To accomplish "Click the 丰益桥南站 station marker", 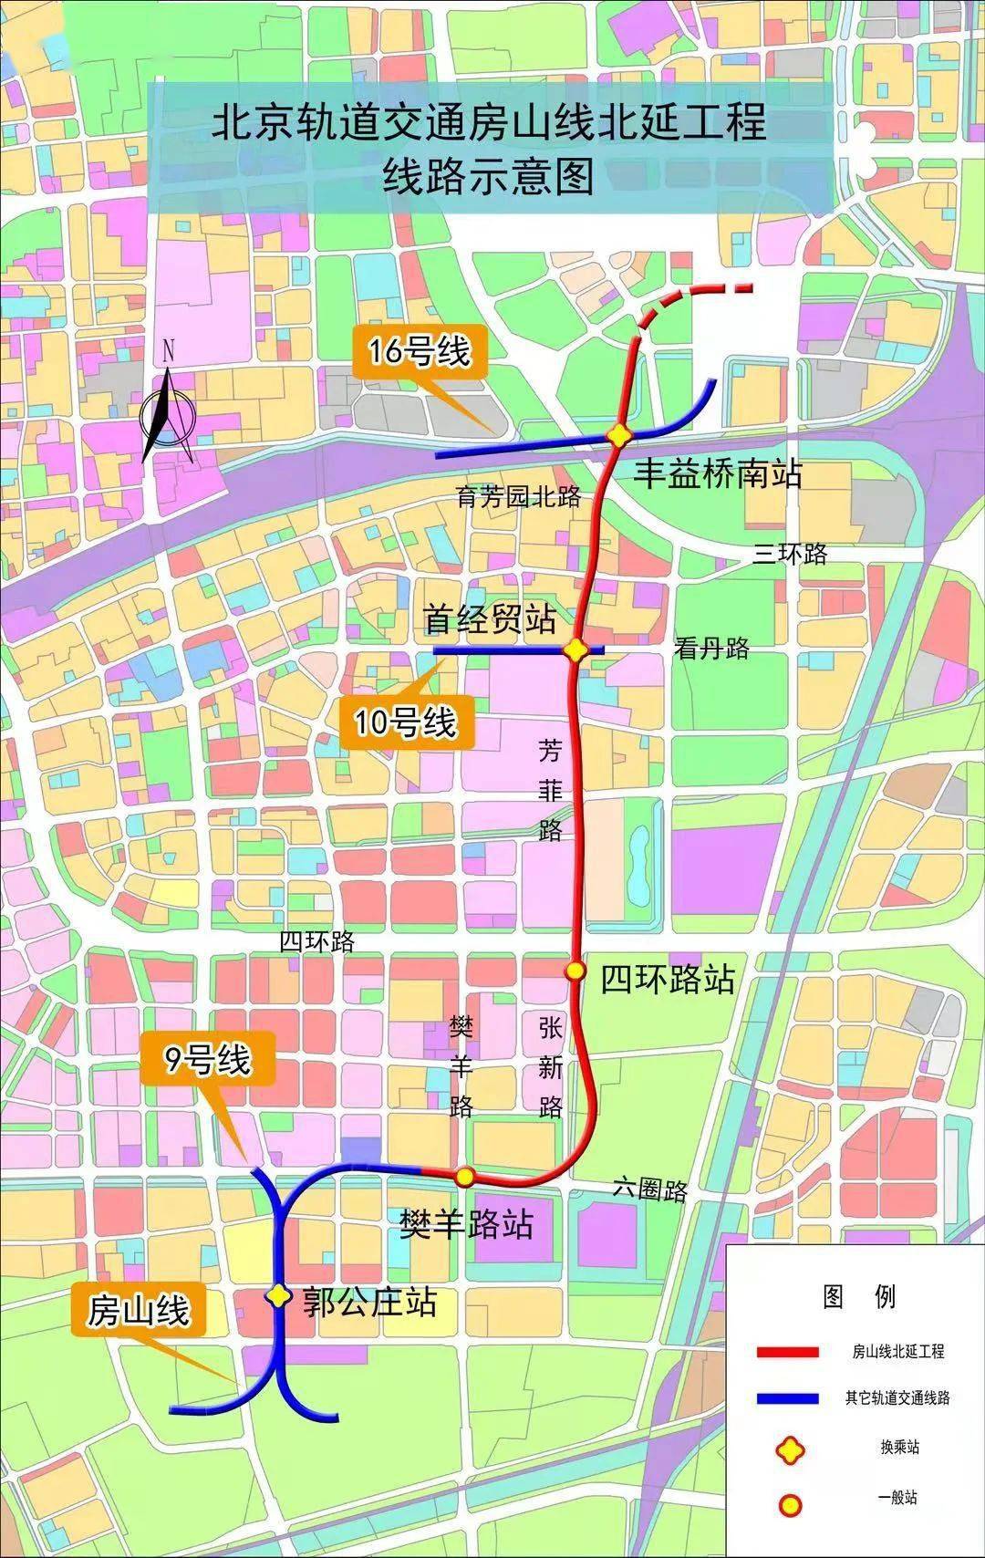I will [620, 436].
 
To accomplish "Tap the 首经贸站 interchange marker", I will [575, 650].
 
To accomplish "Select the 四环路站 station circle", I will [575, 971].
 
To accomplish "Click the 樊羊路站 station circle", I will [464, 1176].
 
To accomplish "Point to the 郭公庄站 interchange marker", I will [278, 1295].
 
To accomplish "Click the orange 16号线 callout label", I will [419, 351].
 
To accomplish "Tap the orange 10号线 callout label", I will [405, 722].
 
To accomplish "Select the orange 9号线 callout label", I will [207, 1059].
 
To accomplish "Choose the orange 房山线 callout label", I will [139, 1312].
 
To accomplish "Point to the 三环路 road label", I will [790, 554].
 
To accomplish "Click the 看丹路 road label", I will [711, 648].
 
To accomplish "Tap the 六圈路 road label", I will [650, 1189].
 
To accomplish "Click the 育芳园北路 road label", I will [518, 497].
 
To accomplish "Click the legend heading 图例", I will [858, 1295].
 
